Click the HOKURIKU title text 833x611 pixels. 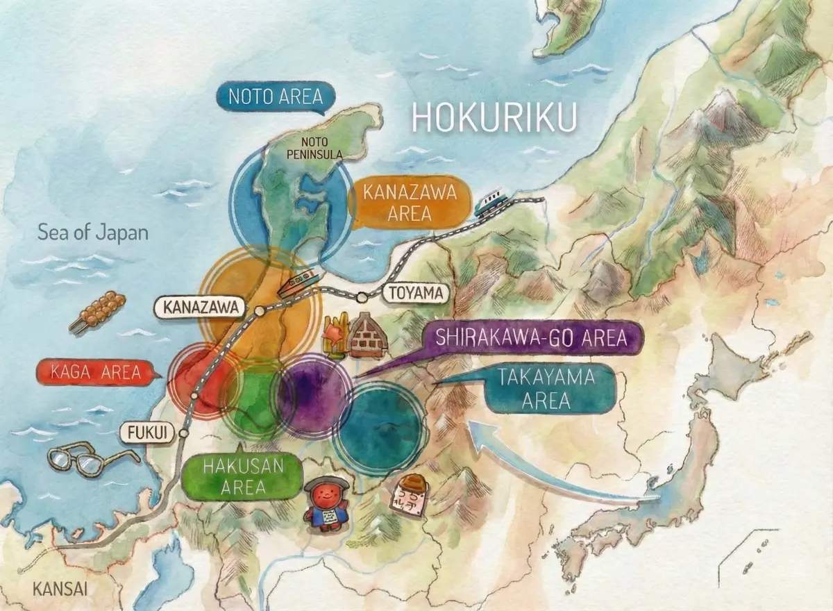494,118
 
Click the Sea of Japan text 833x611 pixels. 93,232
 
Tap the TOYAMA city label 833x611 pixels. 416,293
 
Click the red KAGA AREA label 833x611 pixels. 96,372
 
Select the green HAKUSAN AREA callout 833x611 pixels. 242,476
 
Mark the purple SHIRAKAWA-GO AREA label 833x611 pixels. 531,339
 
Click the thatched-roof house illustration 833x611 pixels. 366,335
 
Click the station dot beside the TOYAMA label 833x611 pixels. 362,298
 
